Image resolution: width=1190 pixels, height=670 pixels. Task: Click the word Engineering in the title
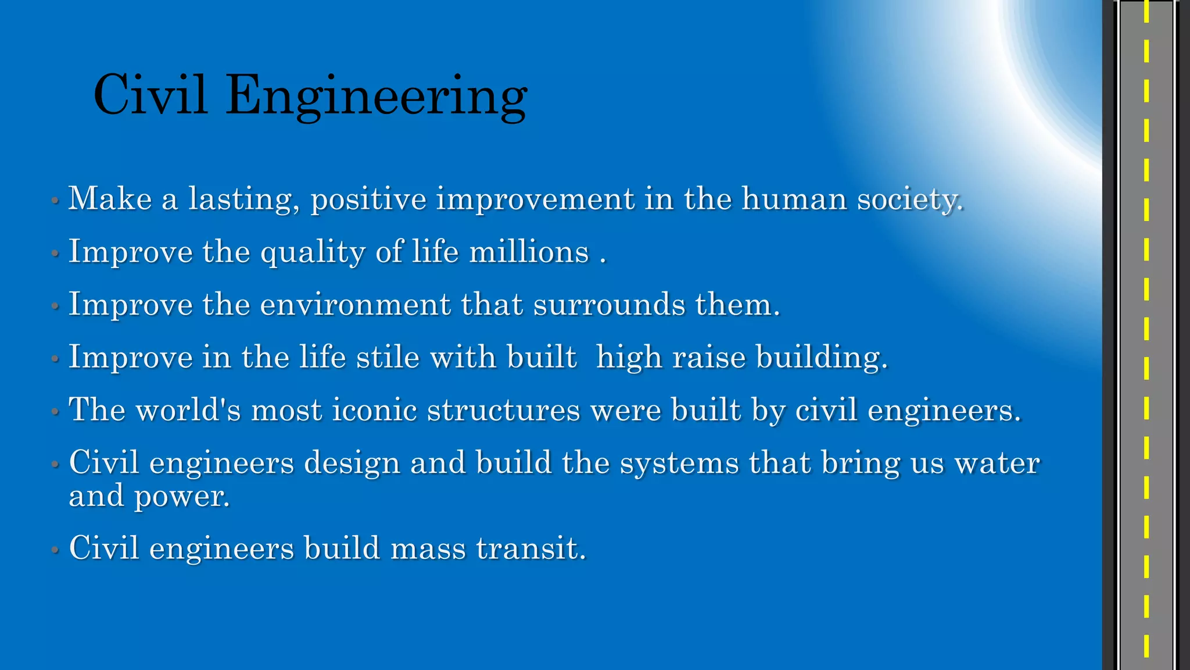[377, 96]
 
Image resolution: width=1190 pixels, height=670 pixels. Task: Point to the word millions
[529, 252]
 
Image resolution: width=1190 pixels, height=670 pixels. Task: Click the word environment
[355, 305]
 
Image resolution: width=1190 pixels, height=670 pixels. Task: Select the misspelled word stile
[388, 357]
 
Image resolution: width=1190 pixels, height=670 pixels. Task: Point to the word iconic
[374, 410]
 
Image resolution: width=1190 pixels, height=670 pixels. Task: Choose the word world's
[188, 410]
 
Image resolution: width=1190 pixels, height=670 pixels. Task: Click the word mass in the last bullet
[428, 548]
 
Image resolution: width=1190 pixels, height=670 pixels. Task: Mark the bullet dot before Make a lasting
[55, 201]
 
